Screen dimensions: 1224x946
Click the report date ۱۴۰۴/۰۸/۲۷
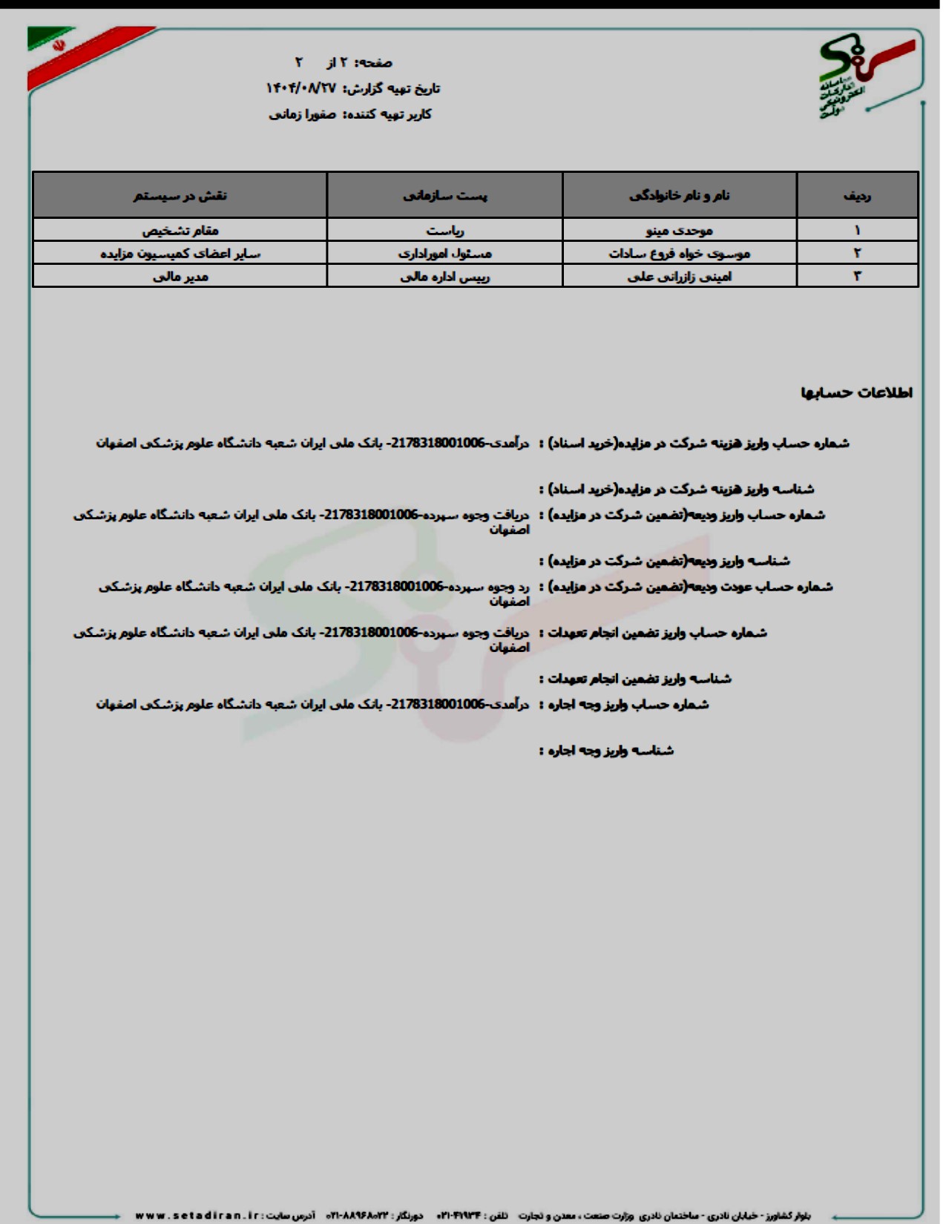pyautogui.click(x=301, y=88)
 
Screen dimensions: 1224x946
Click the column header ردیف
pyautogui.click(x=857, y=196)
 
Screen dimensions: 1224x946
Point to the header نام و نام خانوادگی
pyautogui.click(x=680, y=196)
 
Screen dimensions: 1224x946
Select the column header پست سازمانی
pyautogui.click(x=445, y=196)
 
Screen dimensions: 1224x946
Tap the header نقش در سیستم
pyautogui.click(x=180, y=196)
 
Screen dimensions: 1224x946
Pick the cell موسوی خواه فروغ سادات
pyautogui.click(x=680, y=254)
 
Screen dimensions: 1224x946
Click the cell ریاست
pyautogui.click(x=445, y=231)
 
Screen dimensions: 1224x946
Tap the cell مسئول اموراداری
pyautogui.click(x=445, y=254)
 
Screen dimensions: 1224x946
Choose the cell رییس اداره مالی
pyautogui.click(x=445, y=277)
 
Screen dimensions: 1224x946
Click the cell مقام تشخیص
pyautogui.click(x=180, y=231)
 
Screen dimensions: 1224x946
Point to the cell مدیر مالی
pyautogui.click(x=180, y=277)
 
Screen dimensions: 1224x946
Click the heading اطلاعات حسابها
pyautogui.click(x=856, y=392)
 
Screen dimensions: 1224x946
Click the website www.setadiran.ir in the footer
pyautogui.click(x=197, y=1216)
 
